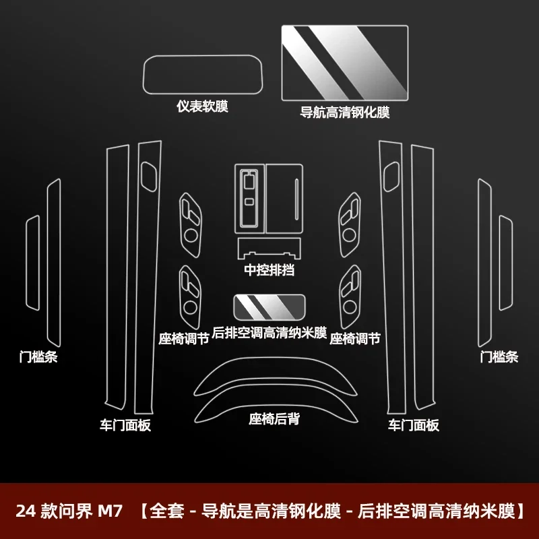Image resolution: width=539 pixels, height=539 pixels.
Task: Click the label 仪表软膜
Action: [x=203, y=106]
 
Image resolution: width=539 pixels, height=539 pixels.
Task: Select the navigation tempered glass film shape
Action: [x=344, y=63]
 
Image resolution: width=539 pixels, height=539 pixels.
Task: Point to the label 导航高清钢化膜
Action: [x=345, y=113]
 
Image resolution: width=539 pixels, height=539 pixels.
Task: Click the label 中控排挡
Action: [x=269, y=270]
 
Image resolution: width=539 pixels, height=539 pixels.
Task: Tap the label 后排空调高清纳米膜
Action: [x=269, y=333]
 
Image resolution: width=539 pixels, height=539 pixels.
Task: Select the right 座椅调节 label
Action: [x=355, y=339]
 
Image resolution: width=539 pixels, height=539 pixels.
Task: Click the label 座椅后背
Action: [x=274, y=419]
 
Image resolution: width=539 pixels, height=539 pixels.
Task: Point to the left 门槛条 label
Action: [x=38, y=357]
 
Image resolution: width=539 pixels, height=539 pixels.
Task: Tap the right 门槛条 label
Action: [x=499, y=357]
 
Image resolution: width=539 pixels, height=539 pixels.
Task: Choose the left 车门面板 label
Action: [x=126, y=425]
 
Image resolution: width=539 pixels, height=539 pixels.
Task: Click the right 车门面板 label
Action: [x=413, y=425]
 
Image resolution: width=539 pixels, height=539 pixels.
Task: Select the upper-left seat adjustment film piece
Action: [x=190, y=224]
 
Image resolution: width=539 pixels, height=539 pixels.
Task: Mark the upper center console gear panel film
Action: [x=268, y=197]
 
